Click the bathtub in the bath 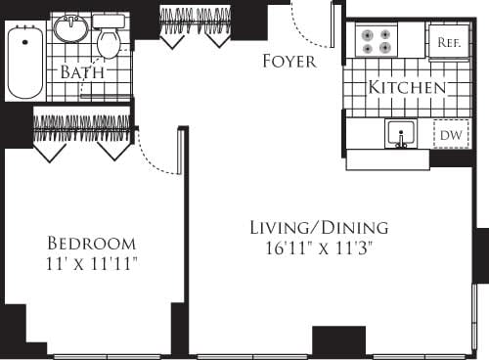pos(24,61)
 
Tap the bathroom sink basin pos(69,29)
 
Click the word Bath pos(83,72)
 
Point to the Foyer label pos(289,62)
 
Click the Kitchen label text pos(407,88)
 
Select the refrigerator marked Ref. pos(449,42)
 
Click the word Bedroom pos(92,243)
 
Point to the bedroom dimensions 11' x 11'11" pos(92,263)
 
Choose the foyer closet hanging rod pos(195,16)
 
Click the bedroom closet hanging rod pos(82,122)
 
